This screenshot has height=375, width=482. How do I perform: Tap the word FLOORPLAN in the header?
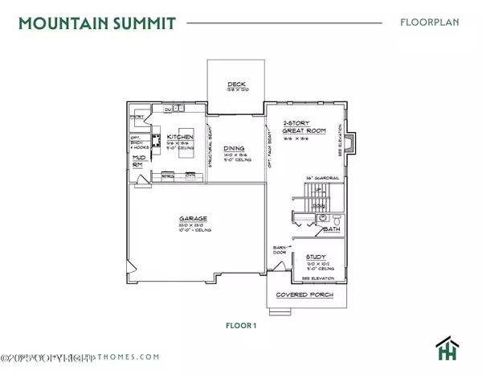(x=430, y=22)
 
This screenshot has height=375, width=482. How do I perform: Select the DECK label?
(x=235, y=83)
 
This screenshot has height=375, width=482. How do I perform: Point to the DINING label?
(x=235, y=148)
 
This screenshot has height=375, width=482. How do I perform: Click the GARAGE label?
(x=194, y=219)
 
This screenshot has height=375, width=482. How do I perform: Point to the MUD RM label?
(x=137, y=162)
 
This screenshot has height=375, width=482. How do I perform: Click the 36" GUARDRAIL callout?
(x=320, y=179)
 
